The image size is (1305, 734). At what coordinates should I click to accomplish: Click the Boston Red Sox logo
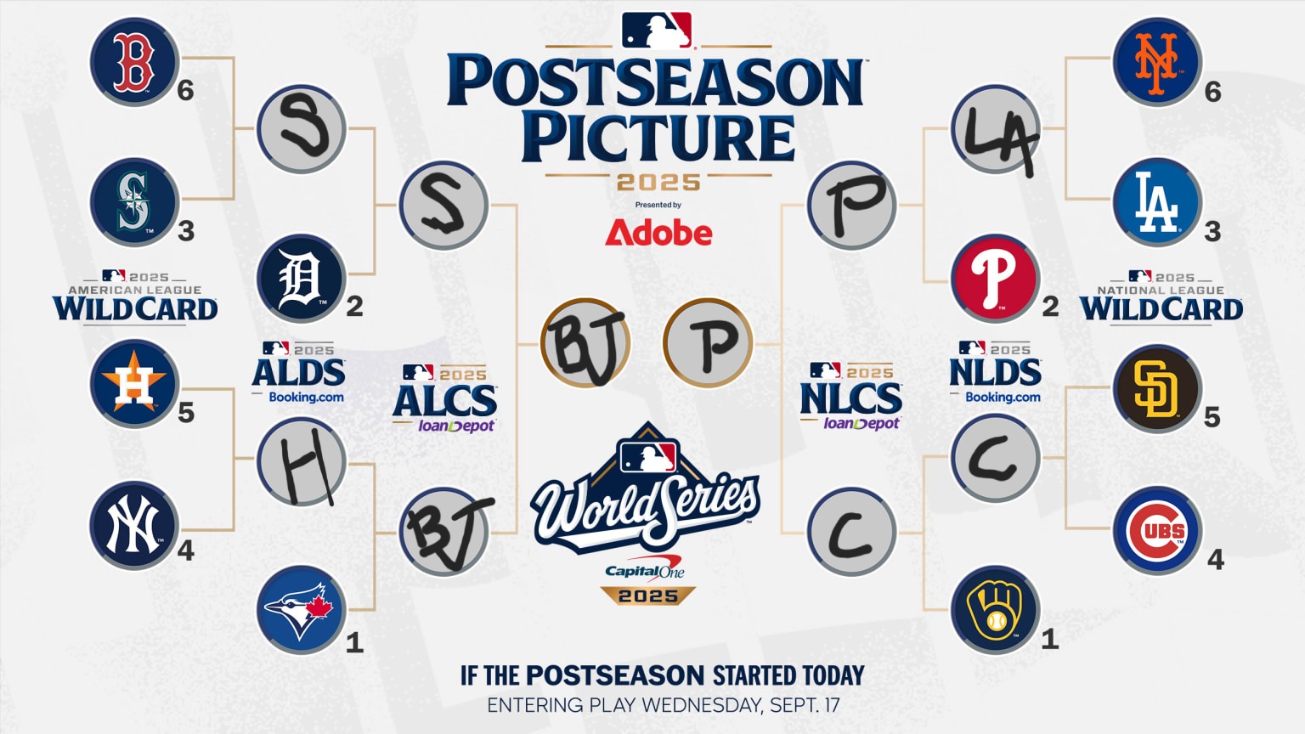[134, 62]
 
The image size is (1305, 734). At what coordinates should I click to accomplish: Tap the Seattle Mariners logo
[134, 202]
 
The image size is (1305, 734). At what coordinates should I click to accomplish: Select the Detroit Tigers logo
[302, 279]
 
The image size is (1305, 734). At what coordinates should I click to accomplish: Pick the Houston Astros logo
[134, 384]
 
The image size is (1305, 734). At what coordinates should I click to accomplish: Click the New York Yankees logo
[134, 526]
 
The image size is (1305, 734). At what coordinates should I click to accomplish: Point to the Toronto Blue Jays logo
[302, 610]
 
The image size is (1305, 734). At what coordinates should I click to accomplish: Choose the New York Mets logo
[1158, 62]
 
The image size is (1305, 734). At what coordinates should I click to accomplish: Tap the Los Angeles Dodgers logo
[1158, 202]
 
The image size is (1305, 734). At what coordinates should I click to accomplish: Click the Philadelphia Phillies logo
[996, 279]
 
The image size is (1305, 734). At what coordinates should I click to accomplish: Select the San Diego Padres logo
[1158, 388]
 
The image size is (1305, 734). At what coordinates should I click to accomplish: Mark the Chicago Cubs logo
[1158, 530]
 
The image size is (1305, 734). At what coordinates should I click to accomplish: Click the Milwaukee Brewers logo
[996, 610]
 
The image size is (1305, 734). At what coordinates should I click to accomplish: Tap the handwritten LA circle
[996, 129]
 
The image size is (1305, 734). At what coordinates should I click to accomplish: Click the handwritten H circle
[302, 462]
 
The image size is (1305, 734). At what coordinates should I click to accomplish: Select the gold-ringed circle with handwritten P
[708, 343]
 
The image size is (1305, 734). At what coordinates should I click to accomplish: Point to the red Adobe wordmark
[658, 233]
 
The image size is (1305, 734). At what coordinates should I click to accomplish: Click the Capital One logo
[644, 571]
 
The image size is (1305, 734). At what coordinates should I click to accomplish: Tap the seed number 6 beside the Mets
[1213, 92]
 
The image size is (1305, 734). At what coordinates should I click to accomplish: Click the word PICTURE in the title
[658, 138]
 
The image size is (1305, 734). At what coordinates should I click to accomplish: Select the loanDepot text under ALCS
[456, 426]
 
